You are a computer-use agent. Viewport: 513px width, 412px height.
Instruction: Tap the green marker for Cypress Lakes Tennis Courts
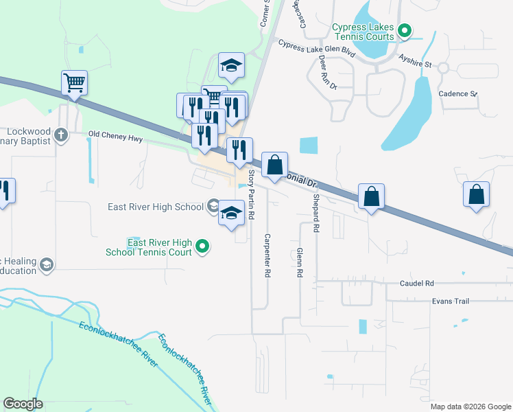tap(405, 30)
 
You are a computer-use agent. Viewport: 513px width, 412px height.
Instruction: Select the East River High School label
tap(156, 207)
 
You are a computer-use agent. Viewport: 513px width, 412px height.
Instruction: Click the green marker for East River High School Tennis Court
tap(202, 247)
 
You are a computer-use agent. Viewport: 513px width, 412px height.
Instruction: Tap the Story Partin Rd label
tap(252, 195)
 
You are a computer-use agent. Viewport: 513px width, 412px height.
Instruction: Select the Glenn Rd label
tap(300, 263)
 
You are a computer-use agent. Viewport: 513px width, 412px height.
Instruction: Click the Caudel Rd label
tap(417, 283)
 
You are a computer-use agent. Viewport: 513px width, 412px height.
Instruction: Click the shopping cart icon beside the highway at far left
tap(74, 83)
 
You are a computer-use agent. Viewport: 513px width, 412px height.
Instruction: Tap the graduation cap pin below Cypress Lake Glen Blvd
tap(232, 66)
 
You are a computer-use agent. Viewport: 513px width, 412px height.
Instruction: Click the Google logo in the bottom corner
tap(23, 404)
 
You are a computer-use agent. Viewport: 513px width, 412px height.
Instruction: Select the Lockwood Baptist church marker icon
tap(61, 134)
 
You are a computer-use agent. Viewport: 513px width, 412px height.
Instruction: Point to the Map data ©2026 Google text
tap(470, 407)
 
